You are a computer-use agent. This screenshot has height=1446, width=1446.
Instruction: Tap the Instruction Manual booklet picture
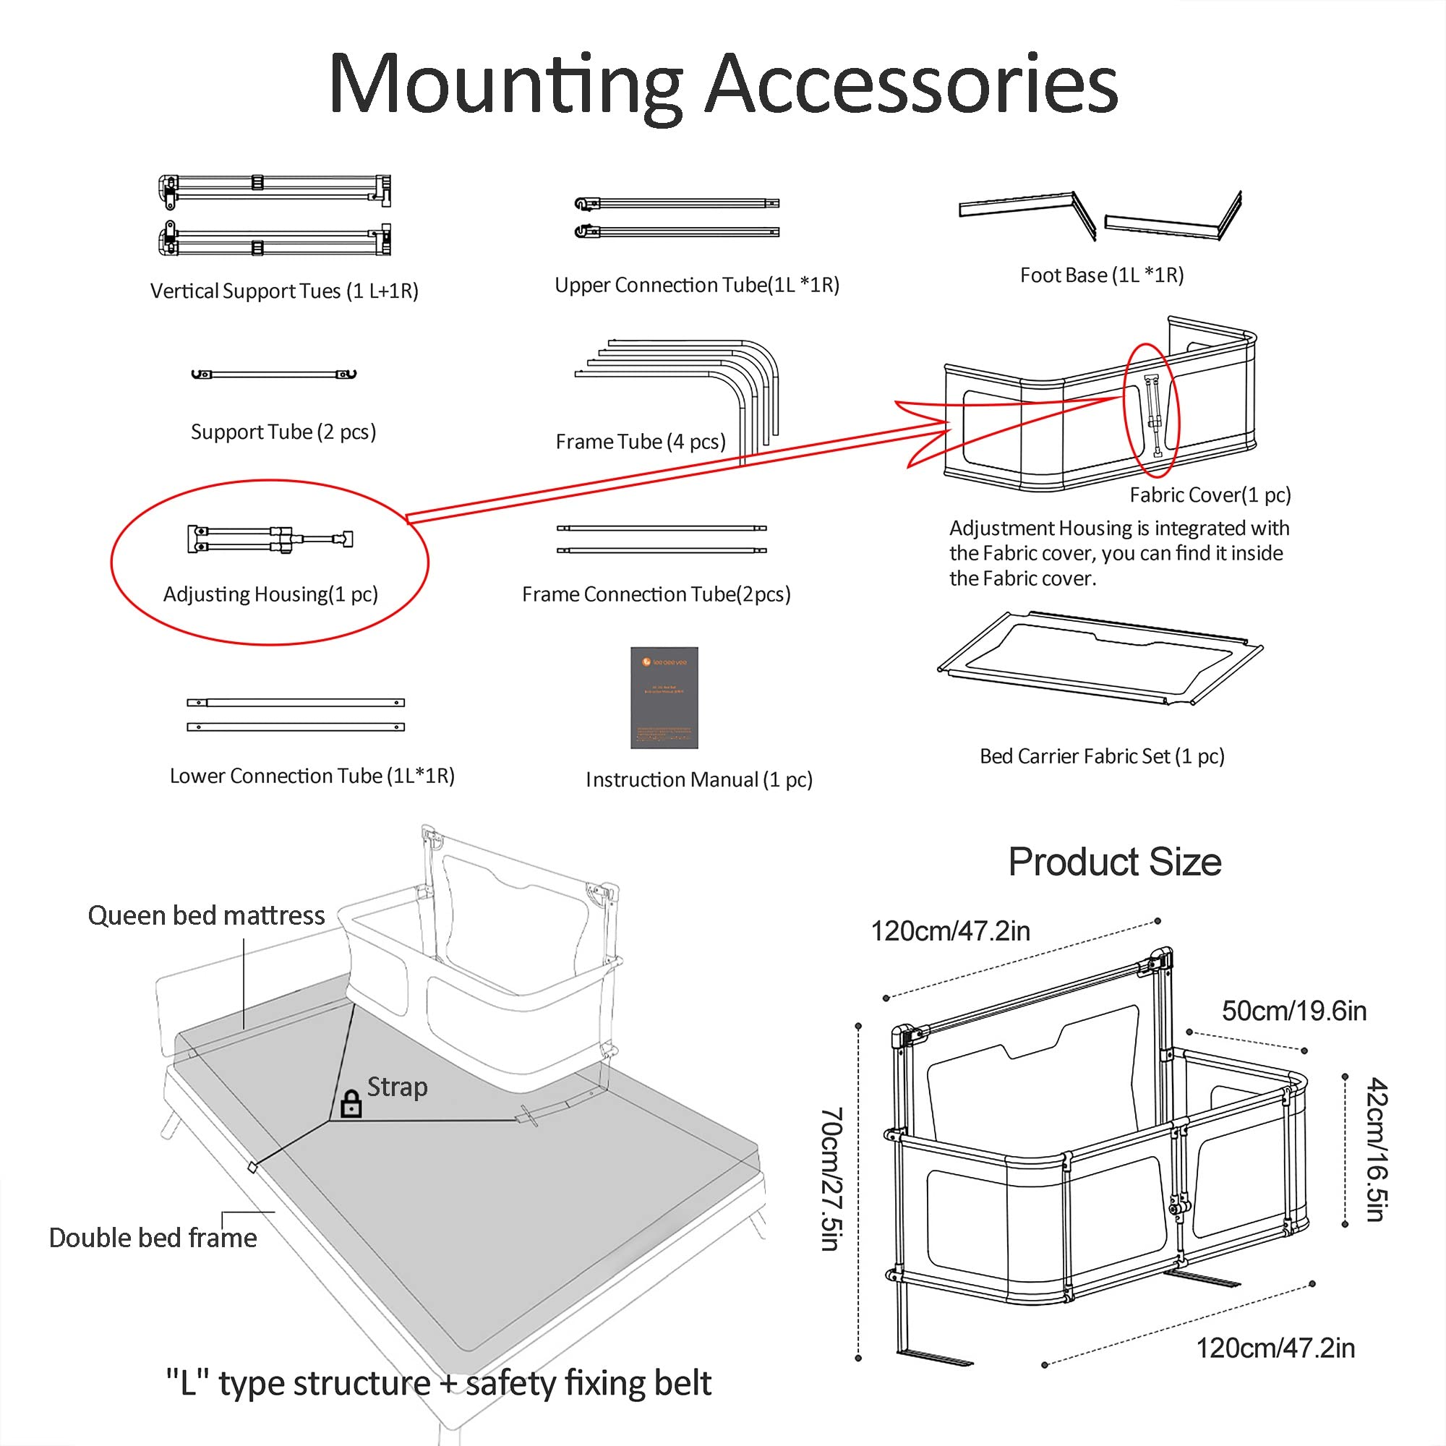(664, 698)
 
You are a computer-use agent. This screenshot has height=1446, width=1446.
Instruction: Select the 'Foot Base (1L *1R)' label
(1102, 275)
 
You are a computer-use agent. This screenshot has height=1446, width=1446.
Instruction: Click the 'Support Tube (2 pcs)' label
(283, 432)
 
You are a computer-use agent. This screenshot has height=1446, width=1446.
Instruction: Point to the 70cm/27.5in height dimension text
(831, 1178)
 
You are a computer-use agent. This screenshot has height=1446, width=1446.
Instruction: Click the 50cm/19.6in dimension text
(1294, 1011)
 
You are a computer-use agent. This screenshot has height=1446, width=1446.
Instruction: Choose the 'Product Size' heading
(1114, 862)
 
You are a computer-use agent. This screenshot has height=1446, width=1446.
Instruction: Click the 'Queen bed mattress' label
(206, 915)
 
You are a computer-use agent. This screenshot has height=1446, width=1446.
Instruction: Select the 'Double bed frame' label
(153, 1238)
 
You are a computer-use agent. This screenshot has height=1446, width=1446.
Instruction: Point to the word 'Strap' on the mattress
(397, 1087)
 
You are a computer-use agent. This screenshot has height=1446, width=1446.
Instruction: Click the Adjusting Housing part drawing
(270, 539)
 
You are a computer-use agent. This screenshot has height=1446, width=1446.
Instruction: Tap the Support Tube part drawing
(274, 374)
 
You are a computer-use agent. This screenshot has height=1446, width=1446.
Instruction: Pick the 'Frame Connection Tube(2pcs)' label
(656, 594)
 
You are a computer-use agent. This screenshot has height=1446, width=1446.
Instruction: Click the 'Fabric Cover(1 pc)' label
(1210, 495)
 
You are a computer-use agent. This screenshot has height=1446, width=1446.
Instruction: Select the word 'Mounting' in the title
(506, 84)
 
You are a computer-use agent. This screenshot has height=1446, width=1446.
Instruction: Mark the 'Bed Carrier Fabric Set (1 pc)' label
(1102, 756)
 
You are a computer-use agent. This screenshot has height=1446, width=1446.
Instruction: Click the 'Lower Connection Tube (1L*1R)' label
(312, 775)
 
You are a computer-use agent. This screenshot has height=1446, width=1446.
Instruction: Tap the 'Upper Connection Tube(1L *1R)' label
(697, 285)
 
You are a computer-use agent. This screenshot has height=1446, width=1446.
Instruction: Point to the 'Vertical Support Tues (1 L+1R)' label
(283, 291)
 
